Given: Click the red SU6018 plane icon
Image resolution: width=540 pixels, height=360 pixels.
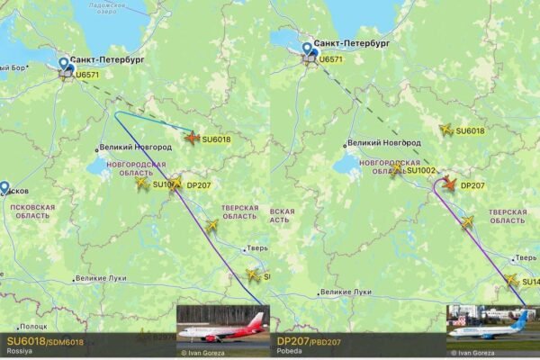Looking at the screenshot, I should point(192,137).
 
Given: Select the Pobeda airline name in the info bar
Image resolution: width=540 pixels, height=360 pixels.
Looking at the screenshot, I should point(289,352).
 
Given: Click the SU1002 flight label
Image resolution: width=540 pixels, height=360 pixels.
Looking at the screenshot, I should point(421,170).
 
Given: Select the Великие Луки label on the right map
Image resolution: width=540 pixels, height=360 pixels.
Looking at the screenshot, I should point(346,292).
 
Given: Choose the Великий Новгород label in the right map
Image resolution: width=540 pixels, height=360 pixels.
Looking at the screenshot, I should point(383,142).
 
